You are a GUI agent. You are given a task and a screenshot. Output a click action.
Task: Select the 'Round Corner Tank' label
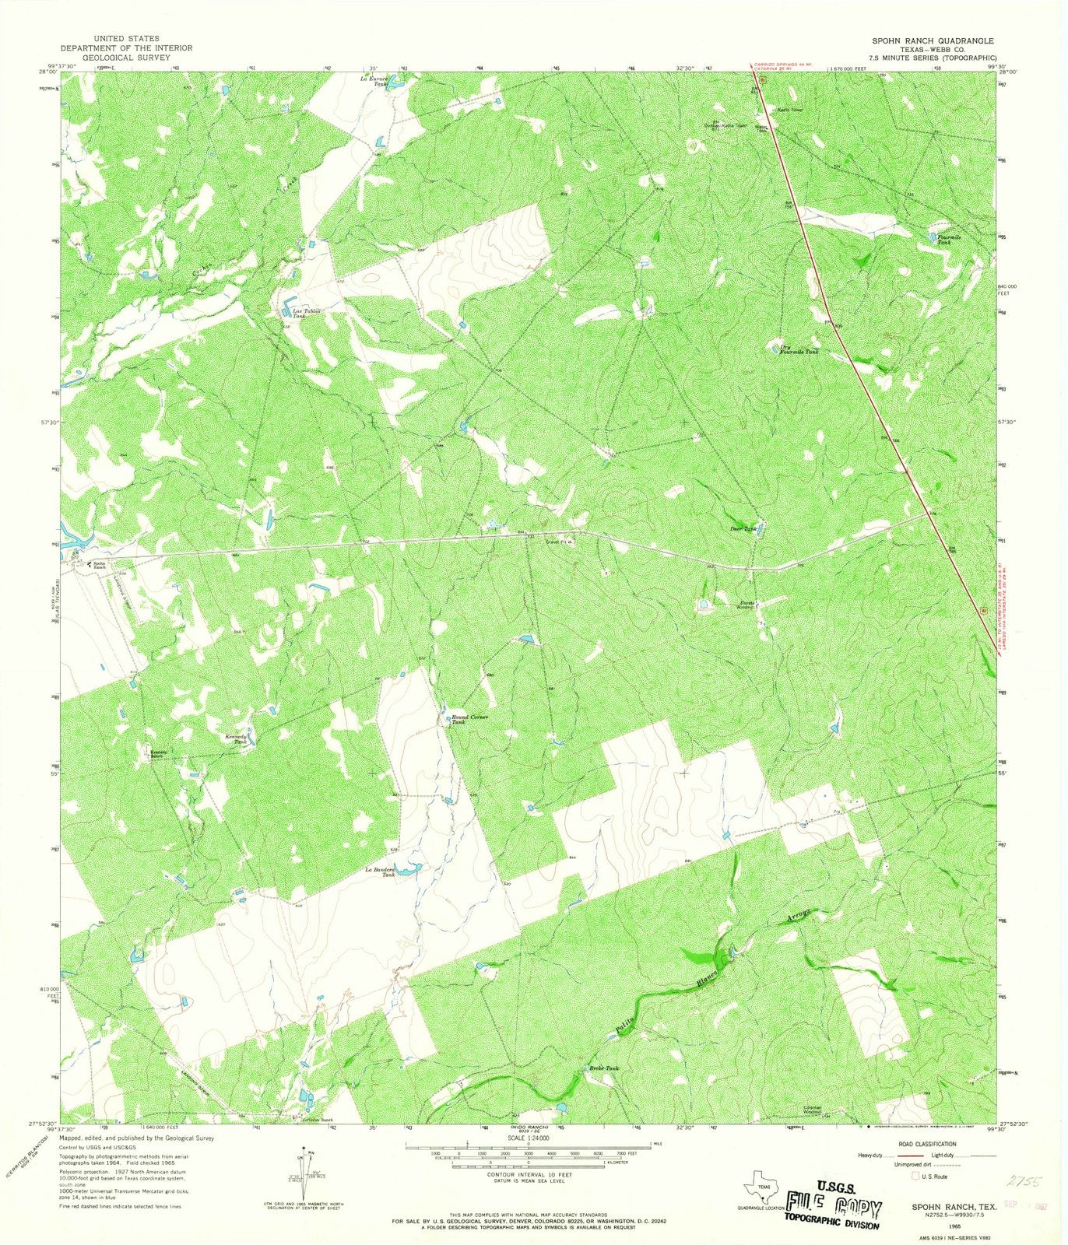(x=469, y=719)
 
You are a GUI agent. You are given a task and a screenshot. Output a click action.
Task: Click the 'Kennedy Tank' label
(x=235, y=738)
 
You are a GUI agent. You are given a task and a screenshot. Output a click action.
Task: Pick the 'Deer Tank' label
(x=743, y=529)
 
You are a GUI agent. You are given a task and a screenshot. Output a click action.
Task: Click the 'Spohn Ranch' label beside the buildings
(x=100, y=566)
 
